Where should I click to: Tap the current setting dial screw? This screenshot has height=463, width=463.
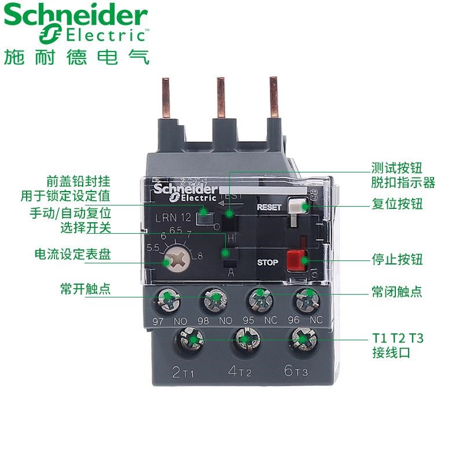click(x=171, y=261)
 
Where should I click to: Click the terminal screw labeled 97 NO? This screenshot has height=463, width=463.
click(x=167, y=299)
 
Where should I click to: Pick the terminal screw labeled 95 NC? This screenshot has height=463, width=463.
click(x=259, y=300)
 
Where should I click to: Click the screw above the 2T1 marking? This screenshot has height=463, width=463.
click(x=189, y=339)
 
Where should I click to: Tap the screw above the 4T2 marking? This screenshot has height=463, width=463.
click(x=244, y=339)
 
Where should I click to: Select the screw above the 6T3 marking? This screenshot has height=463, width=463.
click(x=300, y=339)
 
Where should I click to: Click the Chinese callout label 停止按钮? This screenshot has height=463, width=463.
click(x=397, y=259)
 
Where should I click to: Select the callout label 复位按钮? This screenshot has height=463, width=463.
click(x=397, y=204)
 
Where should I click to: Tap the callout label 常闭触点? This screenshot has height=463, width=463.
click(x=397, y=291)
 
